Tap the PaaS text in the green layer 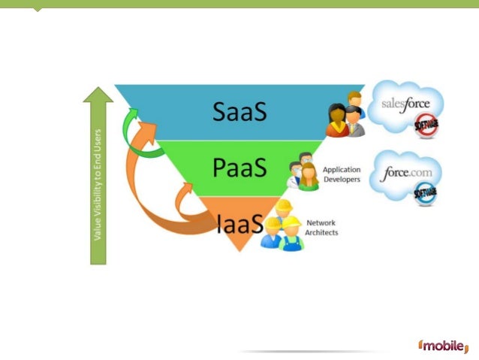(x=239, y=168)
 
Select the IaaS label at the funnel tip (x=239, y=223)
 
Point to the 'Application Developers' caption (x=341, y=174)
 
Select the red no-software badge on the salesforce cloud (x=426, y=126)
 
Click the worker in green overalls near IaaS (x=291, y=234)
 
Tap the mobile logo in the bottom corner (x=446, y=347)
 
